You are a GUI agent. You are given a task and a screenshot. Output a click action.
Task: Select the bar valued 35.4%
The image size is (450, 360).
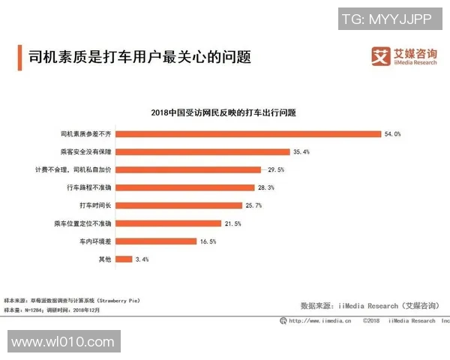coord(202,151)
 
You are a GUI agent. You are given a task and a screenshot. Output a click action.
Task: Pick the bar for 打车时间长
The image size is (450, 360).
coord(178,205)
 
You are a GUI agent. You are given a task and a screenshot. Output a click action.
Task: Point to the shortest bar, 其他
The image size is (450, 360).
coord(123,259)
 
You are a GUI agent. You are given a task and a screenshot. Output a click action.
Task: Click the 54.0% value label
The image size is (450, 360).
coord(393,133)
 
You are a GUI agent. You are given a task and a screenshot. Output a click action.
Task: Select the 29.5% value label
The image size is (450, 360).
coord(276,169)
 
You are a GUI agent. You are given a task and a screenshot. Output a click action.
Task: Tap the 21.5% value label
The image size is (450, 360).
coord(232,223)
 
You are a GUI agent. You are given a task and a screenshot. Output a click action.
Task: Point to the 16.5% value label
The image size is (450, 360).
coord(208,241)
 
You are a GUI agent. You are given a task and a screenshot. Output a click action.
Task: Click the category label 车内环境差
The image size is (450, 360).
coord(95,241)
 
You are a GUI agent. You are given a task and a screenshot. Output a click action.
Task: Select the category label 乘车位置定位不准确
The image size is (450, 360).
coord(82,223)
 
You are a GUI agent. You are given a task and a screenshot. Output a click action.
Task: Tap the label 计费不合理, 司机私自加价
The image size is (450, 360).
coord(73,169)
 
